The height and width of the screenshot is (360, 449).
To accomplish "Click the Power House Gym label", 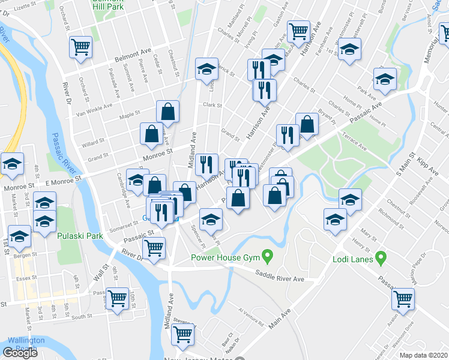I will coord(225,258).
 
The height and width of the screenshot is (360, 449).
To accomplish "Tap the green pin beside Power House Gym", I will coord(269,258).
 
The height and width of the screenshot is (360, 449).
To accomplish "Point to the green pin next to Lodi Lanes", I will coord(381,259).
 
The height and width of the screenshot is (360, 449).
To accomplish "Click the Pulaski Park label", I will coord(80,236).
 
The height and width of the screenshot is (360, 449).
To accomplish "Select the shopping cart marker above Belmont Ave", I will coord(80,47).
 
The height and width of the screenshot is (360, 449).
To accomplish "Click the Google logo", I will coord(20,353).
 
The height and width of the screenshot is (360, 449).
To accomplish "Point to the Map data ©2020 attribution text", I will coord(424,355).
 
